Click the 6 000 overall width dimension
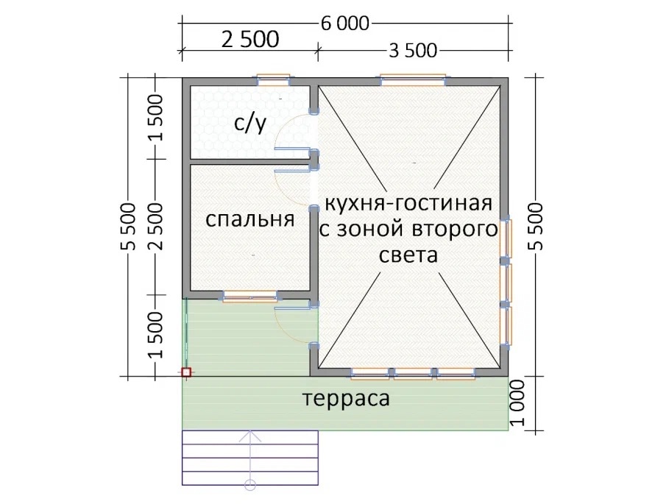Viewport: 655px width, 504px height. coord(345,24)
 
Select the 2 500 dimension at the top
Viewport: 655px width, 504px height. coord(250,39)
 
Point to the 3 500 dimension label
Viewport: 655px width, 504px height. coord(413,51)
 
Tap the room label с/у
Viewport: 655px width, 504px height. coord(250,124)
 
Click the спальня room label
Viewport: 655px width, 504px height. coord(249,220)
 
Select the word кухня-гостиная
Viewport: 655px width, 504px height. coord(408,204)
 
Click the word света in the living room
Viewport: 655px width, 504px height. coord(408,255)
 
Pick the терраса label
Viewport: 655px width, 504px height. coord(346,398)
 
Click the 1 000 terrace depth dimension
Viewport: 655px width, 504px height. coord(518,402)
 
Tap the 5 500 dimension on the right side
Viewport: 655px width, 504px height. coord(536,227)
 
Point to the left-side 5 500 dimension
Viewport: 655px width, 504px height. coord(129,227)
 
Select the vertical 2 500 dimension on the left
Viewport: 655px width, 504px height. coord(156,227)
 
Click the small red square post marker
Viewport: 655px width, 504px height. coord(186,372)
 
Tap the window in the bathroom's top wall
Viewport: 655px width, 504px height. coord(273,79)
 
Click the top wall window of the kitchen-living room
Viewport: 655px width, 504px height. coord(413,79)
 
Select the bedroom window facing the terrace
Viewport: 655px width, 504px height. coord(249,297)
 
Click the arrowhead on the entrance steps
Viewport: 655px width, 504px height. coord(249,437)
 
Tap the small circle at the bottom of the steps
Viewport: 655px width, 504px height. coord(249,485)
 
